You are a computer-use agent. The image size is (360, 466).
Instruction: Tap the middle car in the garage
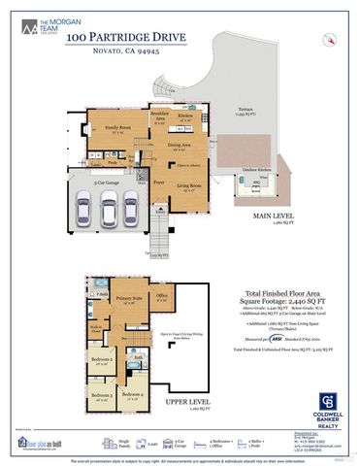click(x=108, y=207)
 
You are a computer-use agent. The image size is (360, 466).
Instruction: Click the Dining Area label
click(x=180, y=145)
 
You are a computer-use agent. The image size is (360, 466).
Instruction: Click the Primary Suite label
click(x=131, y=298)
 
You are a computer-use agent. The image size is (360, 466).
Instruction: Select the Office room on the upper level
click(x=162, y=295)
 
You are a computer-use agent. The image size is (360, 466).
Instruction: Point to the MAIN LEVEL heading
click(x=274, y=216)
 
